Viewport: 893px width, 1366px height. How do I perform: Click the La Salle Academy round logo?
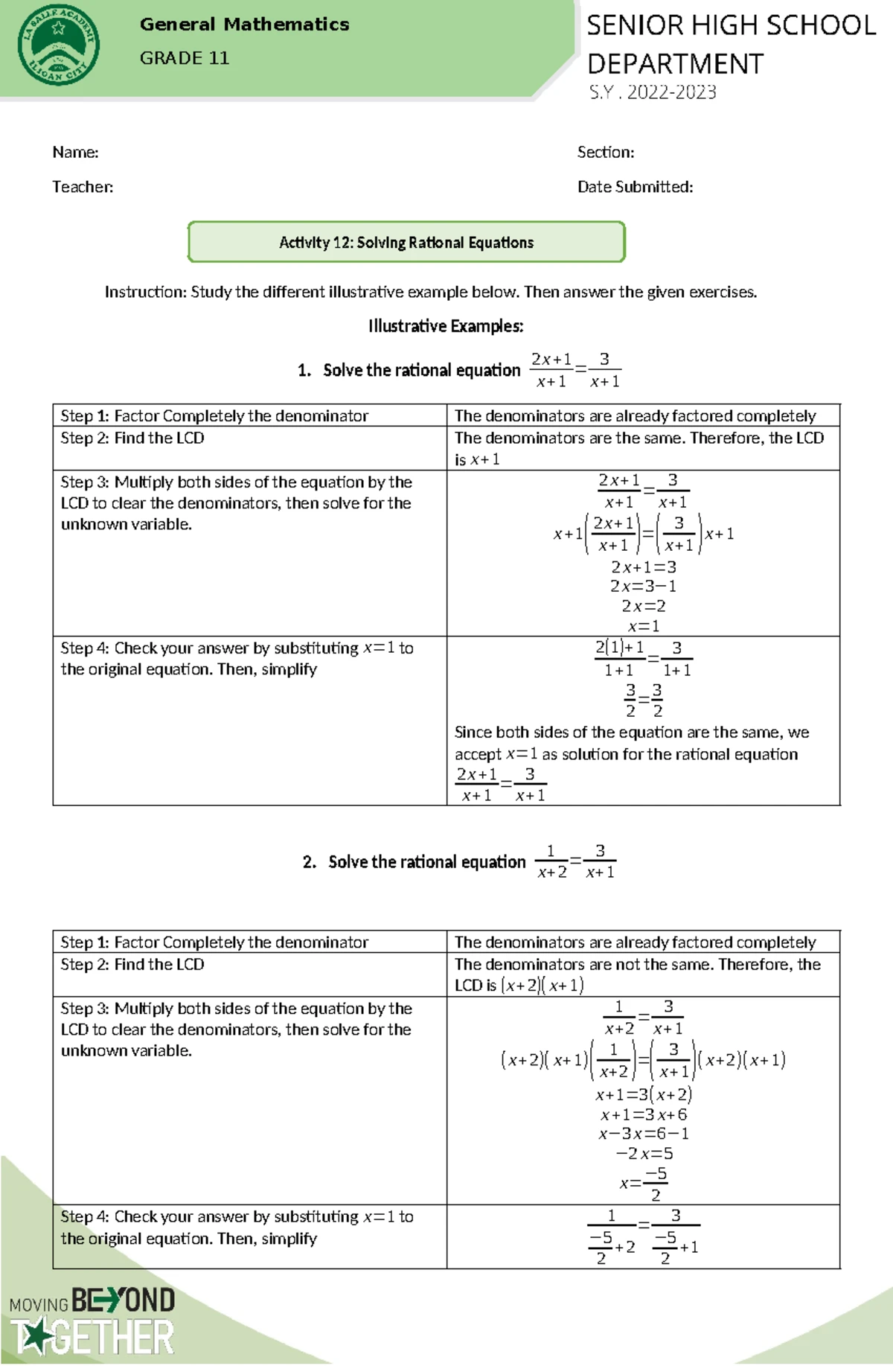tap(58, 47)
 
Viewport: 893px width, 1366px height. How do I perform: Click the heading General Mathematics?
tap(244, 25)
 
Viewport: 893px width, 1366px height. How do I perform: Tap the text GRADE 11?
tap(184, 58)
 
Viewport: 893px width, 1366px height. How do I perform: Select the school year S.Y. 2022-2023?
tap(652, 92)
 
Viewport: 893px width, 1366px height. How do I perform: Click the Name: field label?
tap(75, 153)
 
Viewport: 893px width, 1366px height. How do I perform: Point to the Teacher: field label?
tap(83, 187)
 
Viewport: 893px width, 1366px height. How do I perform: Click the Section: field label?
tap(605, 153)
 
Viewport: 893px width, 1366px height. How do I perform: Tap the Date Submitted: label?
tap(634, 187)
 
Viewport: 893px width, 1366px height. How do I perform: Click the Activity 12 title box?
tap(406, 242)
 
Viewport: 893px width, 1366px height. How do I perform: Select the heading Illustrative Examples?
tap(446, 326)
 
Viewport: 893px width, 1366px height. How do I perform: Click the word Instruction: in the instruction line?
tap(145, 292)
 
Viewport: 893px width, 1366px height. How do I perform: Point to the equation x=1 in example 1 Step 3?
tap(643, 626)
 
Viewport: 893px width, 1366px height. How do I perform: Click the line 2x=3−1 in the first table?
tap(643, 586)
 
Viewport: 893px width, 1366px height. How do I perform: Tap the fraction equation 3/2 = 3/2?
tap(643, 700)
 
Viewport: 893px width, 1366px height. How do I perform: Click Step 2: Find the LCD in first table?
tap(132, 438)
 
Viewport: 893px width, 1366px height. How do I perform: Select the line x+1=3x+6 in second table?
tap(643, 1114)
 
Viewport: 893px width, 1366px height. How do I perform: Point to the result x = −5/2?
tap(643, 1183)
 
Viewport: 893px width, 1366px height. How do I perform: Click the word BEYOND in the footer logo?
tap(123, 1300)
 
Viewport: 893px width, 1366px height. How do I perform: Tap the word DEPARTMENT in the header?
tap(674, 64)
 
